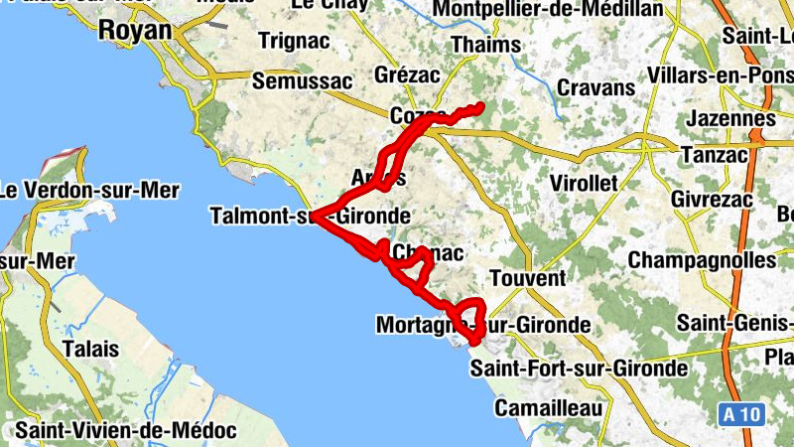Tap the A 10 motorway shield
coord(740,414)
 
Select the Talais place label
coord(90,350)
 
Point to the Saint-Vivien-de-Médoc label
coord(125,432)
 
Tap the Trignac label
coord(286,42)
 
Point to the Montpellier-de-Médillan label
coord(549,10)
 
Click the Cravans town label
coord(595,88)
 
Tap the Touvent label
coord(527,278)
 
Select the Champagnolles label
coord(702,260)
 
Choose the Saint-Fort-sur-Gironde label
coord(579,370)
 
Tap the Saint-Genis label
coord(735,323)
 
